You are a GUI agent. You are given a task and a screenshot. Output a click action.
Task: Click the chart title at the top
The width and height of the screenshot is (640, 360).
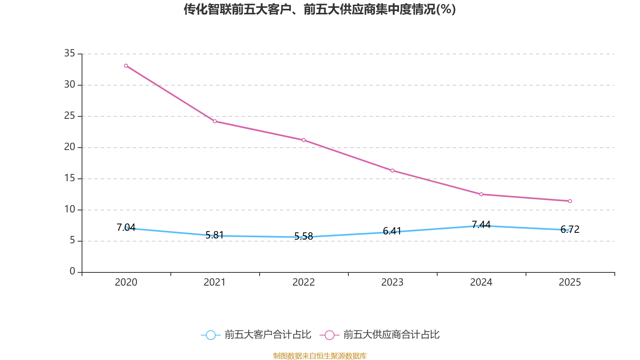coord(320,9)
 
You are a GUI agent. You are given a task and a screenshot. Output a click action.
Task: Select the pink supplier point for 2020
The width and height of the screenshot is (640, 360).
coord(126,66)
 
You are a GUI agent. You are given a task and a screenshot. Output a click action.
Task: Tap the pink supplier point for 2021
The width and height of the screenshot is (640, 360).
coord(215,121)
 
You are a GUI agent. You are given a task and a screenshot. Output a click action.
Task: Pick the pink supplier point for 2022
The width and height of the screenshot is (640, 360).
coord(304,140)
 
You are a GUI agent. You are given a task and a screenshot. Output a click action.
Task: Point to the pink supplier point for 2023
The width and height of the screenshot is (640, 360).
coord(392,171)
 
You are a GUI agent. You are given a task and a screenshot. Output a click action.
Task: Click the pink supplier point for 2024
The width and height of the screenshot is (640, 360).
coord(481,194)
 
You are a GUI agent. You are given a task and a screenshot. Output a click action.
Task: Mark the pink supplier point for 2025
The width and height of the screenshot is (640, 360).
coord(570,201)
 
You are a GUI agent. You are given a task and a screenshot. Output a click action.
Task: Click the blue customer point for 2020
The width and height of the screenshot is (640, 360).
coord(126,228)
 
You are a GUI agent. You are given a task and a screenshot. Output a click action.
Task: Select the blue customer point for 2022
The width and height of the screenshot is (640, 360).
coord(304,237)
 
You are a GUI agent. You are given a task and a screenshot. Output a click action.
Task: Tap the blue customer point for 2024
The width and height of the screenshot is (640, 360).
coord(481,226)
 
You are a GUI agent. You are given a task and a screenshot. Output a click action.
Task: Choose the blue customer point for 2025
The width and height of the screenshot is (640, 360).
coord(570,230)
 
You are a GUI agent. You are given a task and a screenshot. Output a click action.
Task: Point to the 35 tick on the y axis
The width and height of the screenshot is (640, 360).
coord(70,53)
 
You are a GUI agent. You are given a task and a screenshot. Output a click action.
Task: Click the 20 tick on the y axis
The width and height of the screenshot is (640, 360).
coord(70,147)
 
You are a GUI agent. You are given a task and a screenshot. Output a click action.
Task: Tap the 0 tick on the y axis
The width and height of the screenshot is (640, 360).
coord(72,272)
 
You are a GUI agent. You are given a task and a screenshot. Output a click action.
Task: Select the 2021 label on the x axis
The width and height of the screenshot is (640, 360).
coord(215,282)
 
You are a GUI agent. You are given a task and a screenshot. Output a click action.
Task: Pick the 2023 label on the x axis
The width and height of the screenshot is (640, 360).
coord(392,282)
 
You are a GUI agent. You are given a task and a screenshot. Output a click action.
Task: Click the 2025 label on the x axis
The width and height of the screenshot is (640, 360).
coord(570,282)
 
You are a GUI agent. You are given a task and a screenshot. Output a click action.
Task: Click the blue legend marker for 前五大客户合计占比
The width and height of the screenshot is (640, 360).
coord(210,335)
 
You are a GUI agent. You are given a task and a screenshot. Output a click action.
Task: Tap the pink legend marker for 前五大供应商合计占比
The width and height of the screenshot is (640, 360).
coord(329,335)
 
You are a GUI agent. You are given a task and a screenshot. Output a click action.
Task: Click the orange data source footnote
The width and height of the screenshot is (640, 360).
coord(320,356)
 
